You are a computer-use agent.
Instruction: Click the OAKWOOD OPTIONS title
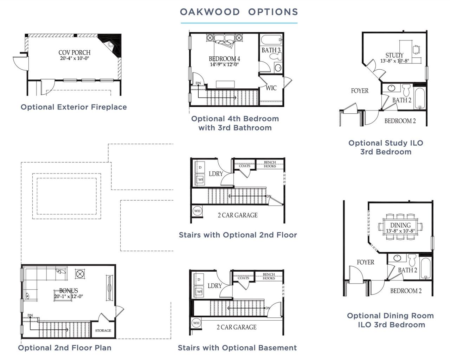coord(239,12)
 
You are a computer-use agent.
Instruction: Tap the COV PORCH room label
coord(74,53)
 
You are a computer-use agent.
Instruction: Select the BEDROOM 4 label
coord(224,59)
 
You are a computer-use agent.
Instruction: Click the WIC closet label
coord(271,88)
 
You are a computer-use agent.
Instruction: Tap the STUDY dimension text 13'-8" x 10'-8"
coord(394,61)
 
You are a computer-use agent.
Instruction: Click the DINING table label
coord(400,225)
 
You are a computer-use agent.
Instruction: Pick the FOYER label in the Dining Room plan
coord(365,262)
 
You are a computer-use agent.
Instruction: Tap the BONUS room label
coord(69,291)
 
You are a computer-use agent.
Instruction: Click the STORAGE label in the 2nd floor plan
coord(103,330)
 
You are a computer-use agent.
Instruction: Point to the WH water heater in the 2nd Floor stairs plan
coord(197,211)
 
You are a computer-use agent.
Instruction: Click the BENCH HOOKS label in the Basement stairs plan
coord(269,276)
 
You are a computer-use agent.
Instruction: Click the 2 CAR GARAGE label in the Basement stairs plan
coord(236,327)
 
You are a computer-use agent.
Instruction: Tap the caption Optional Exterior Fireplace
coord(74,107)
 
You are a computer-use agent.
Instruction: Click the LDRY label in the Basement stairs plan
coord(214,286)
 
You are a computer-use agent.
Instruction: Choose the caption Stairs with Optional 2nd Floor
coord(238,235)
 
